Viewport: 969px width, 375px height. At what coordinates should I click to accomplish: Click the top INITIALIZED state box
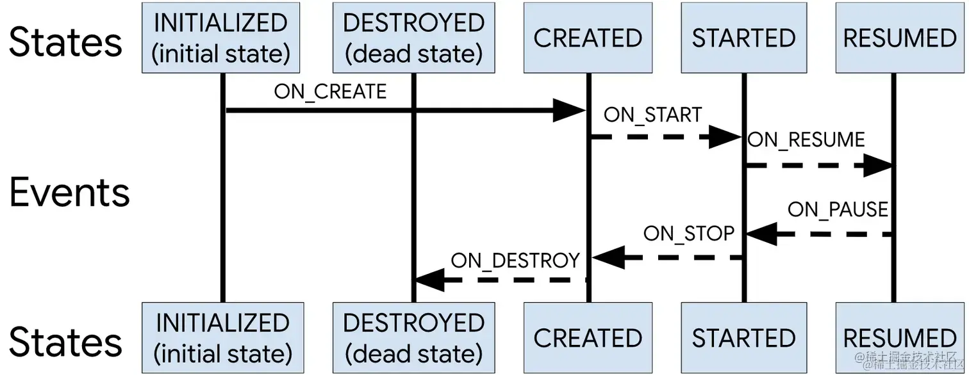click(x=222, y=38)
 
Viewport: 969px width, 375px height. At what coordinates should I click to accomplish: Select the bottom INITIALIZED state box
click(x=222, y=338)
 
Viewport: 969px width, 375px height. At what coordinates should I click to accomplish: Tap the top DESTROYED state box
click(x=413, y=38)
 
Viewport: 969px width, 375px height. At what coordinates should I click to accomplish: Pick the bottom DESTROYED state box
click(x=413, y=338)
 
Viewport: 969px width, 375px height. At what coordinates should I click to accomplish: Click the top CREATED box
click(x=588, y=38)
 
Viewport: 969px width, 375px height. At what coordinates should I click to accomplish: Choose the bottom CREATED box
click(x=588, y=338)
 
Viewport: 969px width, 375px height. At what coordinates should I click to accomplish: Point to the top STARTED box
click(x=743, y=38)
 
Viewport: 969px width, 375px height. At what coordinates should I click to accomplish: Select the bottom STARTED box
click(x=743, y=338)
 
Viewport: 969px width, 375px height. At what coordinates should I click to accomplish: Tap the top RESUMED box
click(x=900, y=38)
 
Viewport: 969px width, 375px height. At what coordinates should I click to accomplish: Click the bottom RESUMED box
click(x=900, y=338)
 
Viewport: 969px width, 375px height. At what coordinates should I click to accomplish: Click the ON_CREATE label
click(x=330, y=92)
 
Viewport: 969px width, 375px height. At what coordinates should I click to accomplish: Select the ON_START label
click(x=652, y=115)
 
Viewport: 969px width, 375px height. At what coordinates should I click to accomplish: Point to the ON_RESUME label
click(x=806, y=140)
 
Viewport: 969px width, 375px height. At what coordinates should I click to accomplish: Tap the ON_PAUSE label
click(x=837, y=209)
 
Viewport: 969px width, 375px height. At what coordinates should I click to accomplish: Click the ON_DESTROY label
click(x=515, y=260)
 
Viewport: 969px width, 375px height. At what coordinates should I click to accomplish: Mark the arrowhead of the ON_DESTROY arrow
click(x=429, y=280)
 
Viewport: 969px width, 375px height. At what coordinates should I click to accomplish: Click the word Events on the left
click(x=70, y=192)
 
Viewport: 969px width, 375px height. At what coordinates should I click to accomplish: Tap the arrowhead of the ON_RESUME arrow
click(x=878, y=166)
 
